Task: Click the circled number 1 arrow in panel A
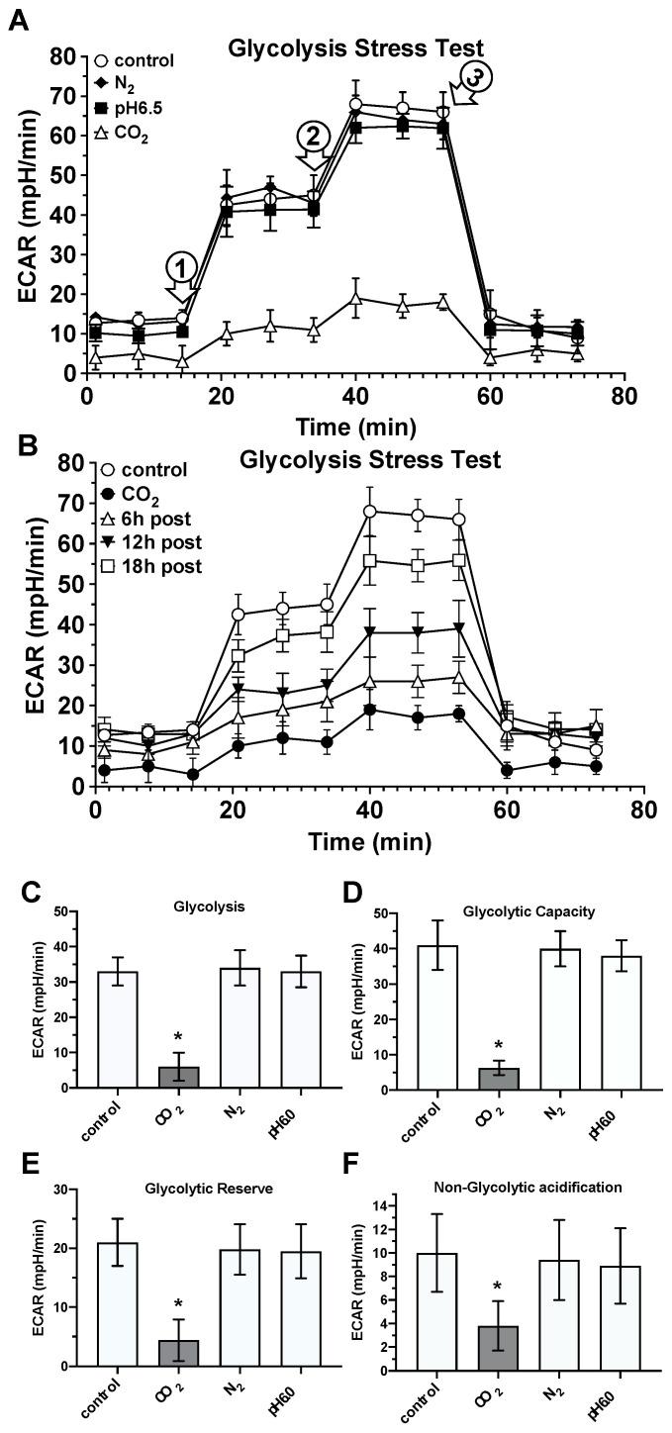pyautogui.click(x=181, y=277)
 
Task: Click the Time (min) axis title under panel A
pyautogui.click(x=360, y=427)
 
